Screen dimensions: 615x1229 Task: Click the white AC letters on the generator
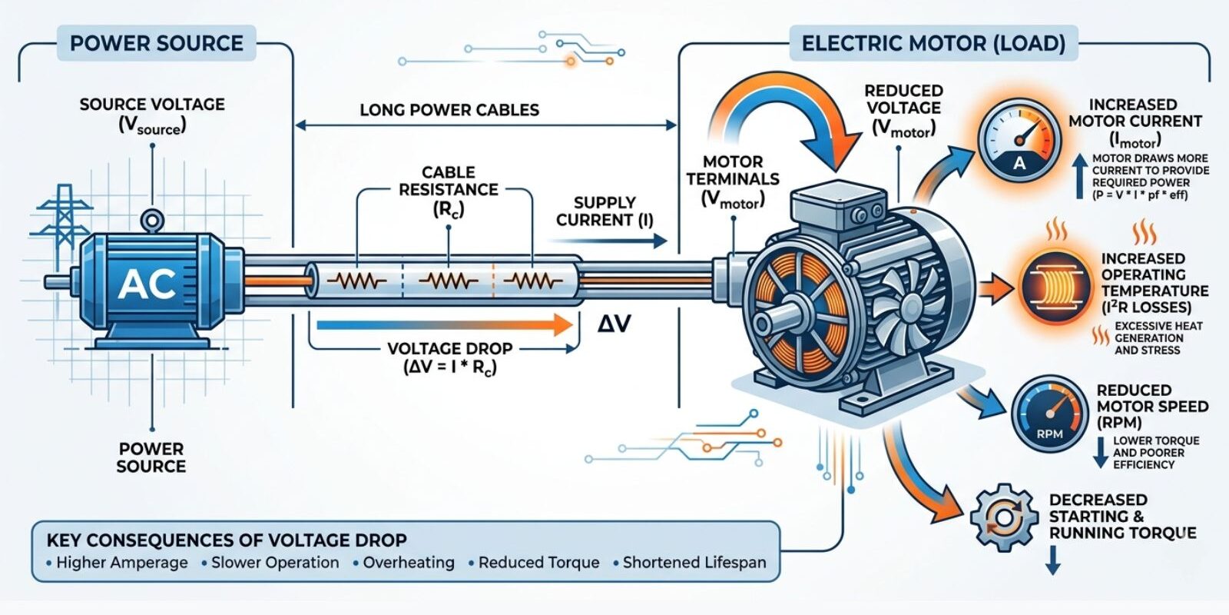(147, 284)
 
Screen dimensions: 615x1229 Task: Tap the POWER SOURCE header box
(157, 43)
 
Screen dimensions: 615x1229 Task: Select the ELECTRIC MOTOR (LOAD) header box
(933, 43)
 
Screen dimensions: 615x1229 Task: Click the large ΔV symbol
(614, 324)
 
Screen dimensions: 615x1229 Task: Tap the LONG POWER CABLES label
(449, 110)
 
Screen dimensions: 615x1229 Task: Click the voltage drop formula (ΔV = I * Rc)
(450, 367)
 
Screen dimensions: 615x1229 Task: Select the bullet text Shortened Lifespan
(694, 562)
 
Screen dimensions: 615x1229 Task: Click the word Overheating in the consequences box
(409, 562)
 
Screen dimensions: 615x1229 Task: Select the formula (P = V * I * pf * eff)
(1140, 195)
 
